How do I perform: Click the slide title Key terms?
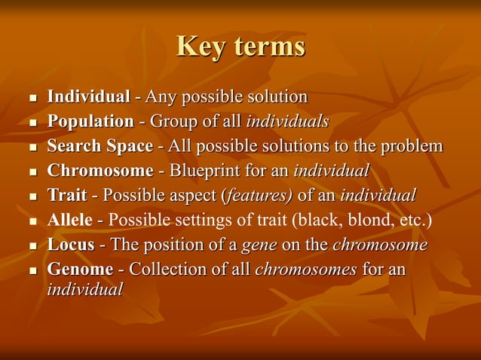pos(240,47)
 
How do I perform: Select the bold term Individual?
pos(88,97)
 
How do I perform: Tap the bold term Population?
pos(90,121)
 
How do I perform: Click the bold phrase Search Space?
pos(100,146)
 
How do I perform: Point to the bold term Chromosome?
pos(100,171)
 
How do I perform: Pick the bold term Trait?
pos(67,196)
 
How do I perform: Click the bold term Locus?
pos(71,246)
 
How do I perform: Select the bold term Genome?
pos(80,270)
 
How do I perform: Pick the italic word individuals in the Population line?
pos(287,121)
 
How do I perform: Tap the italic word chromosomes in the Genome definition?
pos(306,270)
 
